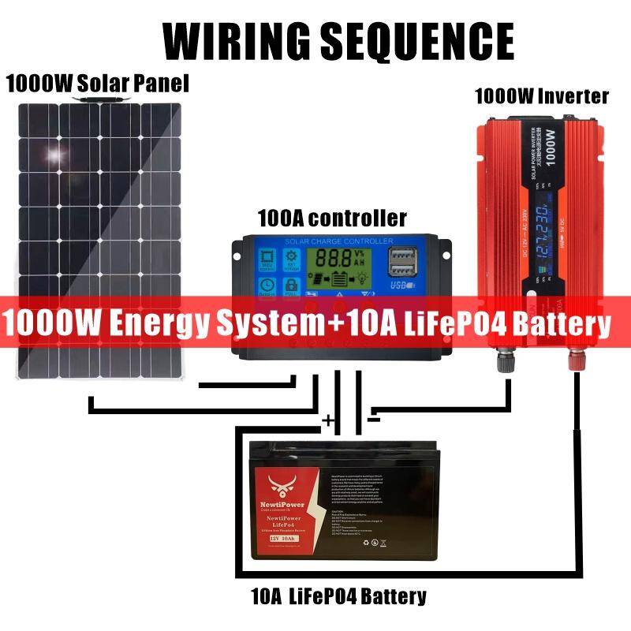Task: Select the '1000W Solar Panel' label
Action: click(98, 84)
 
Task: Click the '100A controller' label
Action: click(332, 217)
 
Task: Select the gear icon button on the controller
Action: click(293, 258)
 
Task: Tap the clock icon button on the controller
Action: click(267, 286)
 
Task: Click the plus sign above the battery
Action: click(328, 420)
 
